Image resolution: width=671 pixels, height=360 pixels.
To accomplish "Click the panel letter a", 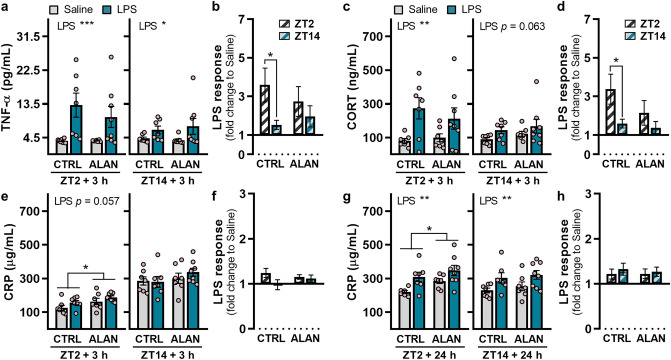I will point(5,9).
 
